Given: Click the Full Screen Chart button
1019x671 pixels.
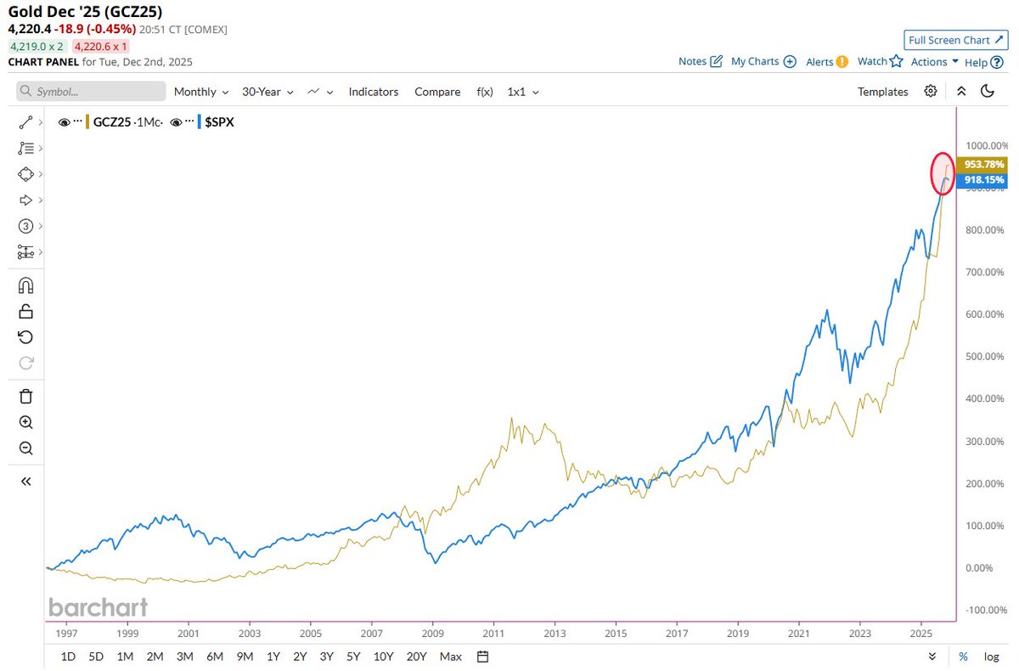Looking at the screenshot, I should [954, 40].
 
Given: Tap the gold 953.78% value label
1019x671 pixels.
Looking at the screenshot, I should [983, 164].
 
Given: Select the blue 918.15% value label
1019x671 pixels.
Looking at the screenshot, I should [983, 180].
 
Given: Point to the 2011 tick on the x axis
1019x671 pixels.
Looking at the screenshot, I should [493, 634].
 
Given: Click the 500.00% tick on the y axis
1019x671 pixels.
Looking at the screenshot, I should [985, 357].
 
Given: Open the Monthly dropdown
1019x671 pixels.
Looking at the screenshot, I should [201, 92].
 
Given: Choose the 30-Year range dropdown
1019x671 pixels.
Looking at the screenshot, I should [267, 92].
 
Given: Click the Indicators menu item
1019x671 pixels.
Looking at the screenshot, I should [373, 92].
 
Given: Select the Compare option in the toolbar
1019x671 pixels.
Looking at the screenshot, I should [437, 92].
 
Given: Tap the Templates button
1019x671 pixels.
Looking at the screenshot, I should [882, 92].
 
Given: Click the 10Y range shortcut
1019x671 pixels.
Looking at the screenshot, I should [384, 657].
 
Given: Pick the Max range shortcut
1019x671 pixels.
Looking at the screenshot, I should [451, 657].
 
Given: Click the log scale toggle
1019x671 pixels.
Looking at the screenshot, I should [991, 657].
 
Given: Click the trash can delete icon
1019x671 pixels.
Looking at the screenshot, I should [25, 396].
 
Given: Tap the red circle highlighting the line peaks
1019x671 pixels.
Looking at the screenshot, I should [943, 172].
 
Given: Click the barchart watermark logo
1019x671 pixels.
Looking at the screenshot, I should [98, 607].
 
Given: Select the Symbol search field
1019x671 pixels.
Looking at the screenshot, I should [92, 92].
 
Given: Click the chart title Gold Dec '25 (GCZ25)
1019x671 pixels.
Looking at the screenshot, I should [85, 12].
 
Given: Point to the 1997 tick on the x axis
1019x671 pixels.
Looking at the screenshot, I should [66, 634].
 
